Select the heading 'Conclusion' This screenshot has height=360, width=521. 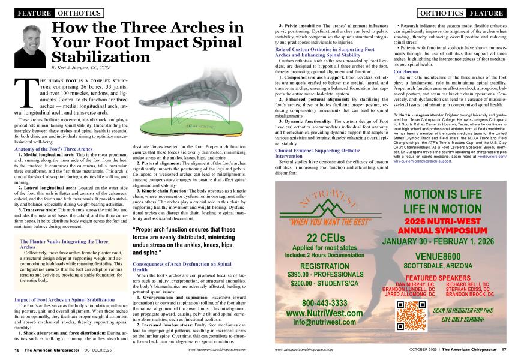click(x=406, y=71)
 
